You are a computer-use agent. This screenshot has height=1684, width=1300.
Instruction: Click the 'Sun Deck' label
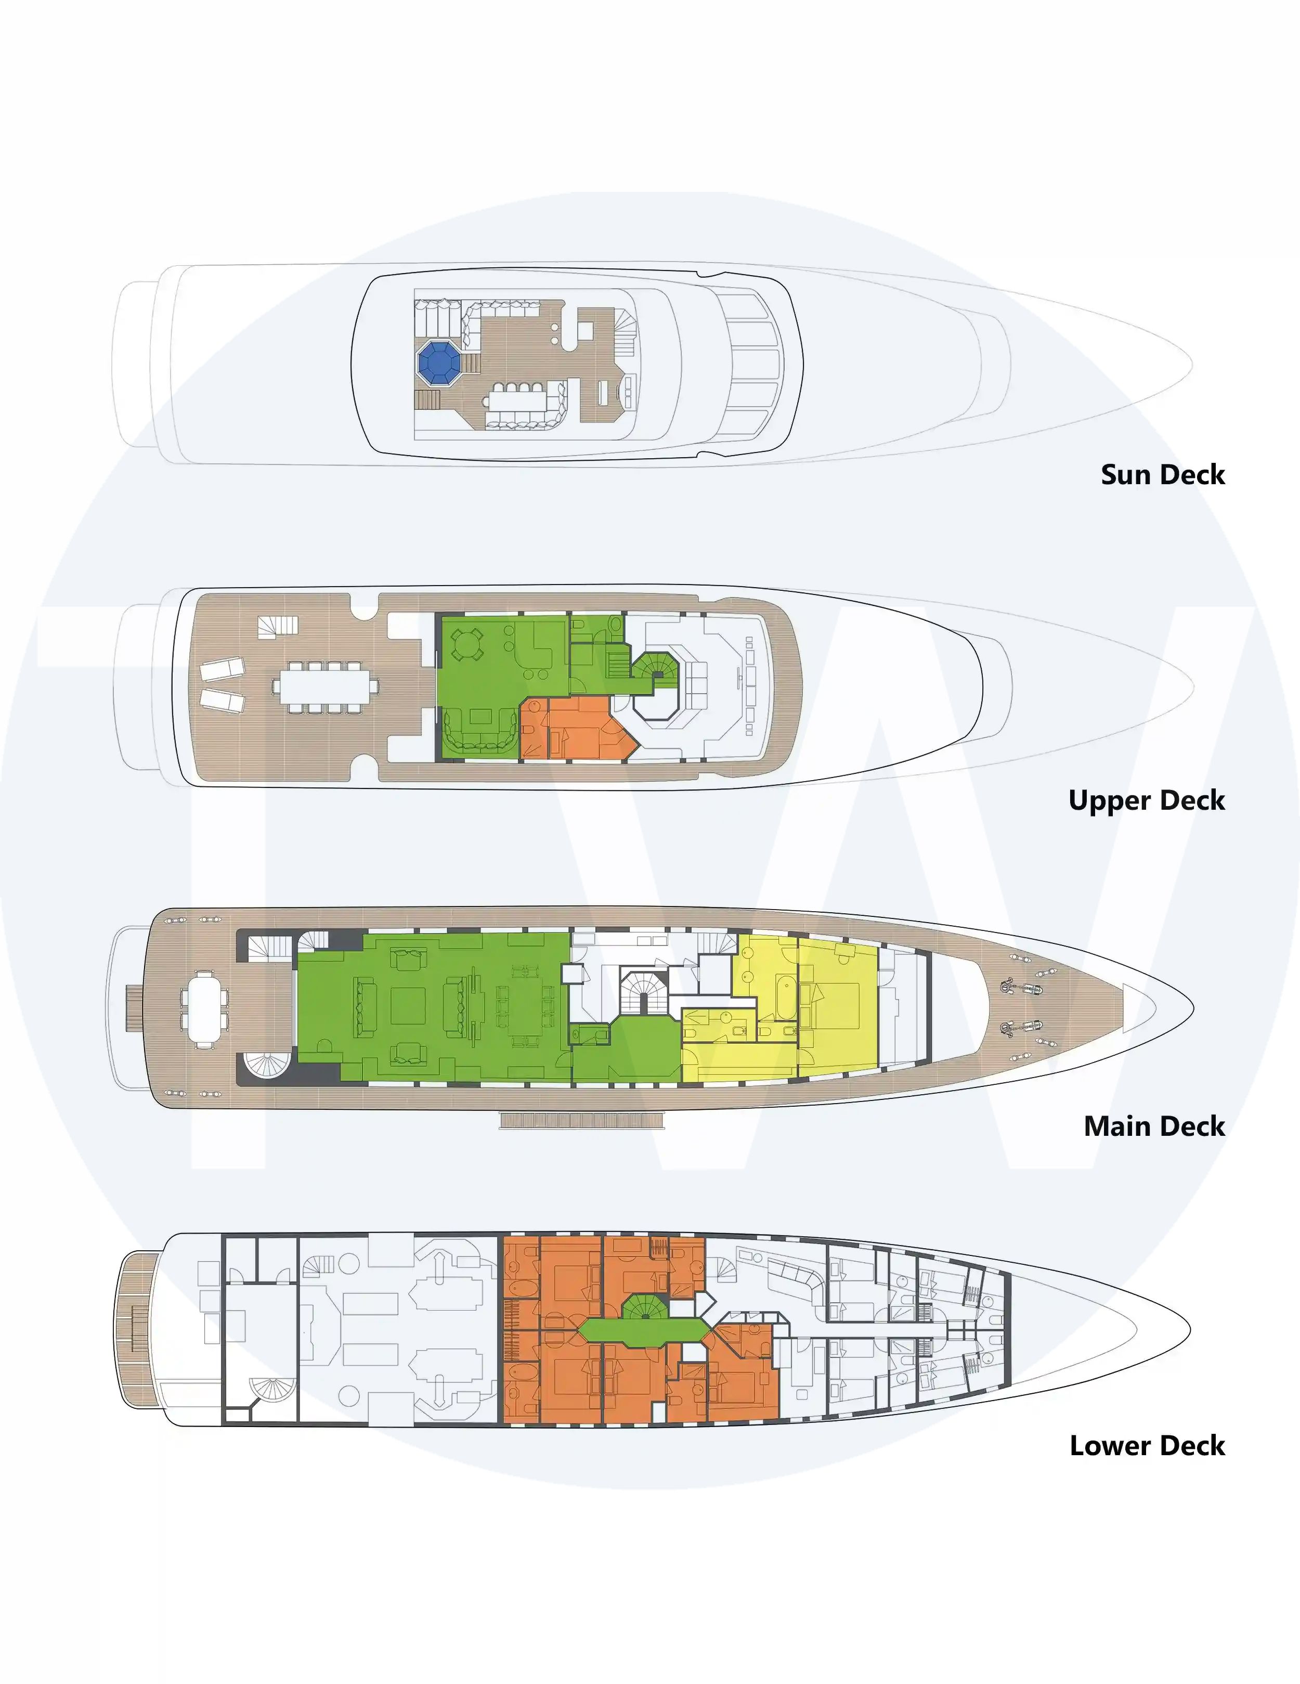click(x=1162, y=474)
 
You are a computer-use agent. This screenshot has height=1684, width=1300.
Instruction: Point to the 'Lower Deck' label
click(x=1147, y=1446)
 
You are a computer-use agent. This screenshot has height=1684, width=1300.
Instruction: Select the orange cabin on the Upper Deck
click(x=578, y=728)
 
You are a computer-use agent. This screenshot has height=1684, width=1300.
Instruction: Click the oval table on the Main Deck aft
click(x=204, y=1008)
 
